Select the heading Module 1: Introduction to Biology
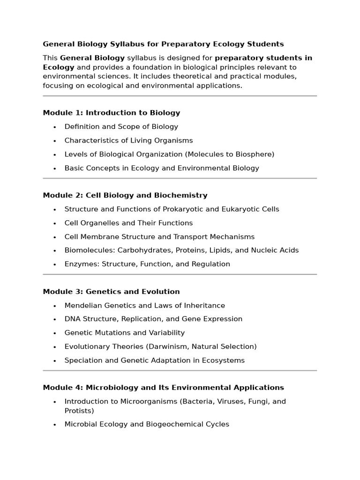(111, 112)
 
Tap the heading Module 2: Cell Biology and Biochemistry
(125, 195)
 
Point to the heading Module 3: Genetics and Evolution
(111, 292)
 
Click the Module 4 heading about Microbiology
(163, 388)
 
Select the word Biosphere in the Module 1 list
(254, 154)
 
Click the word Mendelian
(82, 305)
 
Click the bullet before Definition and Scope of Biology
(55, 127)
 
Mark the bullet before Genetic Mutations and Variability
(55, 333)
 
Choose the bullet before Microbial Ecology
(55, 425)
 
